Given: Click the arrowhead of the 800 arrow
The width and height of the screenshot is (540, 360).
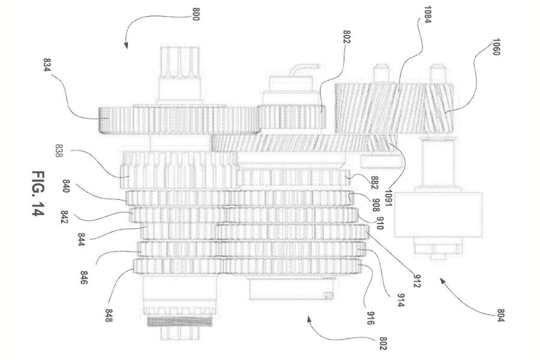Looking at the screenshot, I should (x=126, y=46).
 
